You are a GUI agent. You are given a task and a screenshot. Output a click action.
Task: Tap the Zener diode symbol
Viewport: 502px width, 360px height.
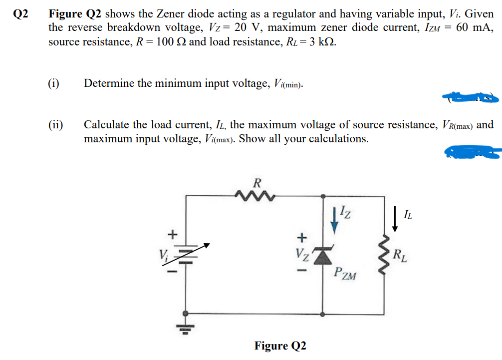325,255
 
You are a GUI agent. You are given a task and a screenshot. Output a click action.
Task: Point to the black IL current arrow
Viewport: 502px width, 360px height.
394,220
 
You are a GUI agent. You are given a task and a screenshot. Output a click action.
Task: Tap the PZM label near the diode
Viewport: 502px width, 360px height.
345,274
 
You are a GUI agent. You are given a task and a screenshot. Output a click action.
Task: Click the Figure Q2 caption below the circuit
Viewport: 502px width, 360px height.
280,346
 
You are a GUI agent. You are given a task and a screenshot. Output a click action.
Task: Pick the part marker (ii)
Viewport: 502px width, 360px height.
56,125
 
